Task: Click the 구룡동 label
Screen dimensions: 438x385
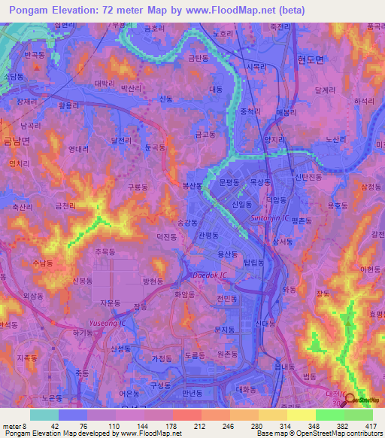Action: coord(139,187)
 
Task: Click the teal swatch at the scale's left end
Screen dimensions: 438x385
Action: coord(44,415)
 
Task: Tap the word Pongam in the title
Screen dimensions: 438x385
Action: coord(27,11)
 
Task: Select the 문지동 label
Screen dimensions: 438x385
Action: coord(225,330)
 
